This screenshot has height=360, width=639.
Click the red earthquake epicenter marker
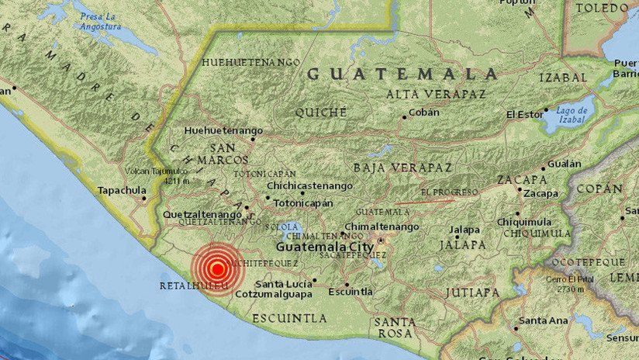coord(218,269)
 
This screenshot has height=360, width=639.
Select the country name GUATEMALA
coord(402,74)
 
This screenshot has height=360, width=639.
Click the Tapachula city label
coord(121,190)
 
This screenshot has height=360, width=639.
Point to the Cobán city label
coord(425,112)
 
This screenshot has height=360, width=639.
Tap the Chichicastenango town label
coord(309,186)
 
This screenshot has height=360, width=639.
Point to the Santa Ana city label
coord(543,320)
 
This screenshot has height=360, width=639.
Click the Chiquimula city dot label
coord(525,222)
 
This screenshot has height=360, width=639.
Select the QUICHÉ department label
coord(320,112)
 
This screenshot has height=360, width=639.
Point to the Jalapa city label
coord(465,230)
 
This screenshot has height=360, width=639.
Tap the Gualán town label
coord(564,164)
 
